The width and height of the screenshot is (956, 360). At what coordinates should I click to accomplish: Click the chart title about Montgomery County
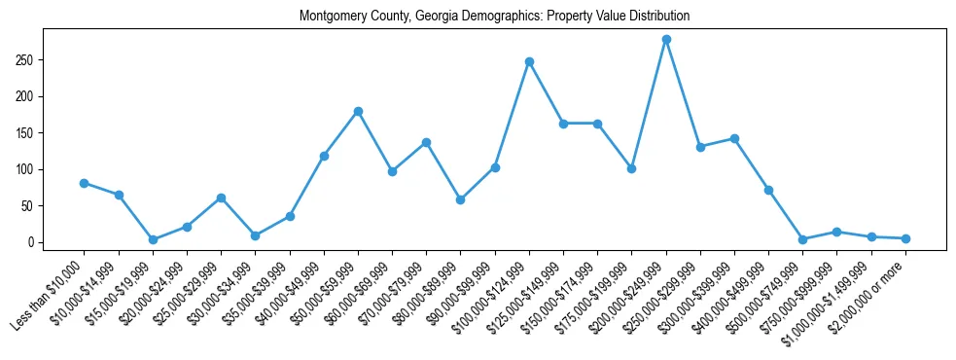(494, 17)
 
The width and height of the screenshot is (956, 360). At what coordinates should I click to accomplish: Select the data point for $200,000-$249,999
(666, 39)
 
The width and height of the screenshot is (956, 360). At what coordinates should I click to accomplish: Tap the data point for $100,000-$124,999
(529, 61)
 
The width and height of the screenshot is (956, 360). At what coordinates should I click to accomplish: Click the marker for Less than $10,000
(85, 183)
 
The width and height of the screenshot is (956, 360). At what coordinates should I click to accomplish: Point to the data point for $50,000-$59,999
(358, 111)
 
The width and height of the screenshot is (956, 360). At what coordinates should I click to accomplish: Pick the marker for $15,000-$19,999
(153, 239)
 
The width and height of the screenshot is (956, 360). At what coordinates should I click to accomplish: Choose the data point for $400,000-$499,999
(768, 190)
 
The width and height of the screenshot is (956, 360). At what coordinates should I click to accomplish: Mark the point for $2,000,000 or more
(905, 238)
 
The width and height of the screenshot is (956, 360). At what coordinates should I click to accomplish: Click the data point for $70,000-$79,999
(426, 142)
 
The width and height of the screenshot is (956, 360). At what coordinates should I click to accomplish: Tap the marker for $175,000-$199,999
(631, 168)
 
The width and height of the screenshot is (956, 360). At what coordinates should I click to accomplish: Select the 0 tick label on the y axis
(33, 242)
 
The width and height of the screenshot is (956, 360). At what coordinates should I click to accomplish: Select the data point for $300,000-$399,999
(734, 138)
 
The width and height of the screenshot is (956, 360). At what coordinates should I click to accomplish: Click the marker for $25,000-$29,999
(221, 198)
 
